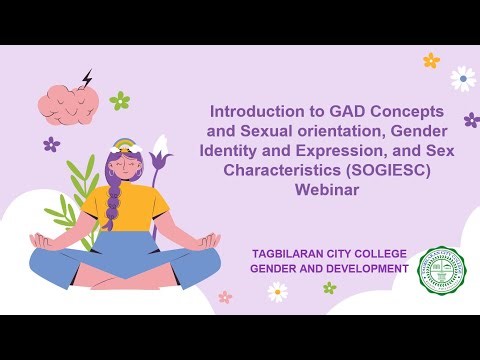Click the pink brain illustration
coord(68,101)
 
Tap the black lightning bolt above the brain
coord(87,77)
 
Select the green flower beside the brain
coord(120,100)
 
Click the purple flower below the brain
coord(51,144)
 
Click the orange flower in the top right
coord(431,60)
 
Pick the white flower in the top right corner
coord(462,78)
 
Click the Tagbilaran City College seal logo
coord(441,269)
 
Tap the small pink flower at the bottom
coord(225,297)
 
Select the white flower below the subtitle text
coord(277,291)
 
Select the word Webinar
coord(325,190)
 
